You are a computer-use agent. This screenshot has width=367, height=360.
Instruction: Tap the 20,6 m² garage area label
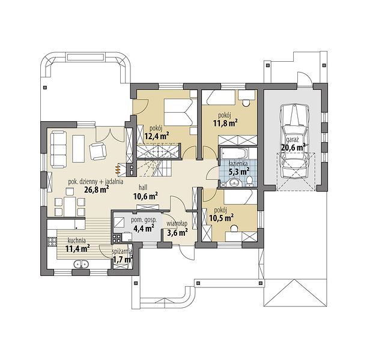[x=293, y=147]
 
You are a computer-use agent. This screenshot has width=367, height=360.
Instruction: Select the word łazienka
[x=238, y=163]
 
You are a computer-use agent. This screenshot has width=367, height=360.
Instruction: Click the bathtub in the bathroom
[x=234, y=154]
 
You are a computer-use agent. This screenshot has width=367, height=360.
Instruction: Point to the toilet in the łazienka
[x=250, y=182]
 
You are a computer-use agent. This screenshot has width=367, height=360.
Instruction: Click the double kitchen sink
[x=81, y=264]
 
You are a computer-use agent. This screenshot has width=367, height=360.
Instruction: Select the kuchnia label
[x=76, y=241]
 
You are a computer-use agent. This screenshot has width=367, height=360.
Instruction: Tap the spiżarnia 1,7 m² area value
[x=123, y=259]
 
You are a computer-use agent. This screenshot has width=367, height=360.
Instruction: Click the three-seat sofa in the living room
[x=59, y=149]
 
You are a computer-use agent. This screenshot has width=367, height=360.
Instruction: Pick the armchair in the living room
[x=97, y=151]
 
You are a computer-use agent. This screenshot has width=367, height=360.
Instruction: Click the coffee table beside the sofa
[x=78, y=149]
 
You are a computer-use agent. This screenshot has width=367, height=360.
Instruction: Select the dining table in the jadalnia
[x=70, y=206]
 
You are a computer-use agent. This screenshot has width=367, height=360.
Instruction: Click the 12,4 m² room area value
[x=157, y=136]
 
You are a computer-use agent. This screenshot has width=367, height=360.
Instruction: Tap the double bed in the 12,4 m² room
[x=178, y=112]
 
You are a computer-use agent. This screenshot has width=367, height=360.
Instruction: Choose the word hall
[x=143, y=187]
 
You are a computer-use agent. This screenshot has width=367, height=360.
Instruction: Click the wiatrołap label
[x=177, y=223]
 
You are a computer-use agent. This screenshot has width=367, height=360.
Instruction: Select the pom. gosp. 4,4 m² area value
[x=144, y=227]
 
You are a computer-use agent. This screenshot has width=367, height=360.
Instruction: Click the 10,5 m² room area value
[x=221, y=218]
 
